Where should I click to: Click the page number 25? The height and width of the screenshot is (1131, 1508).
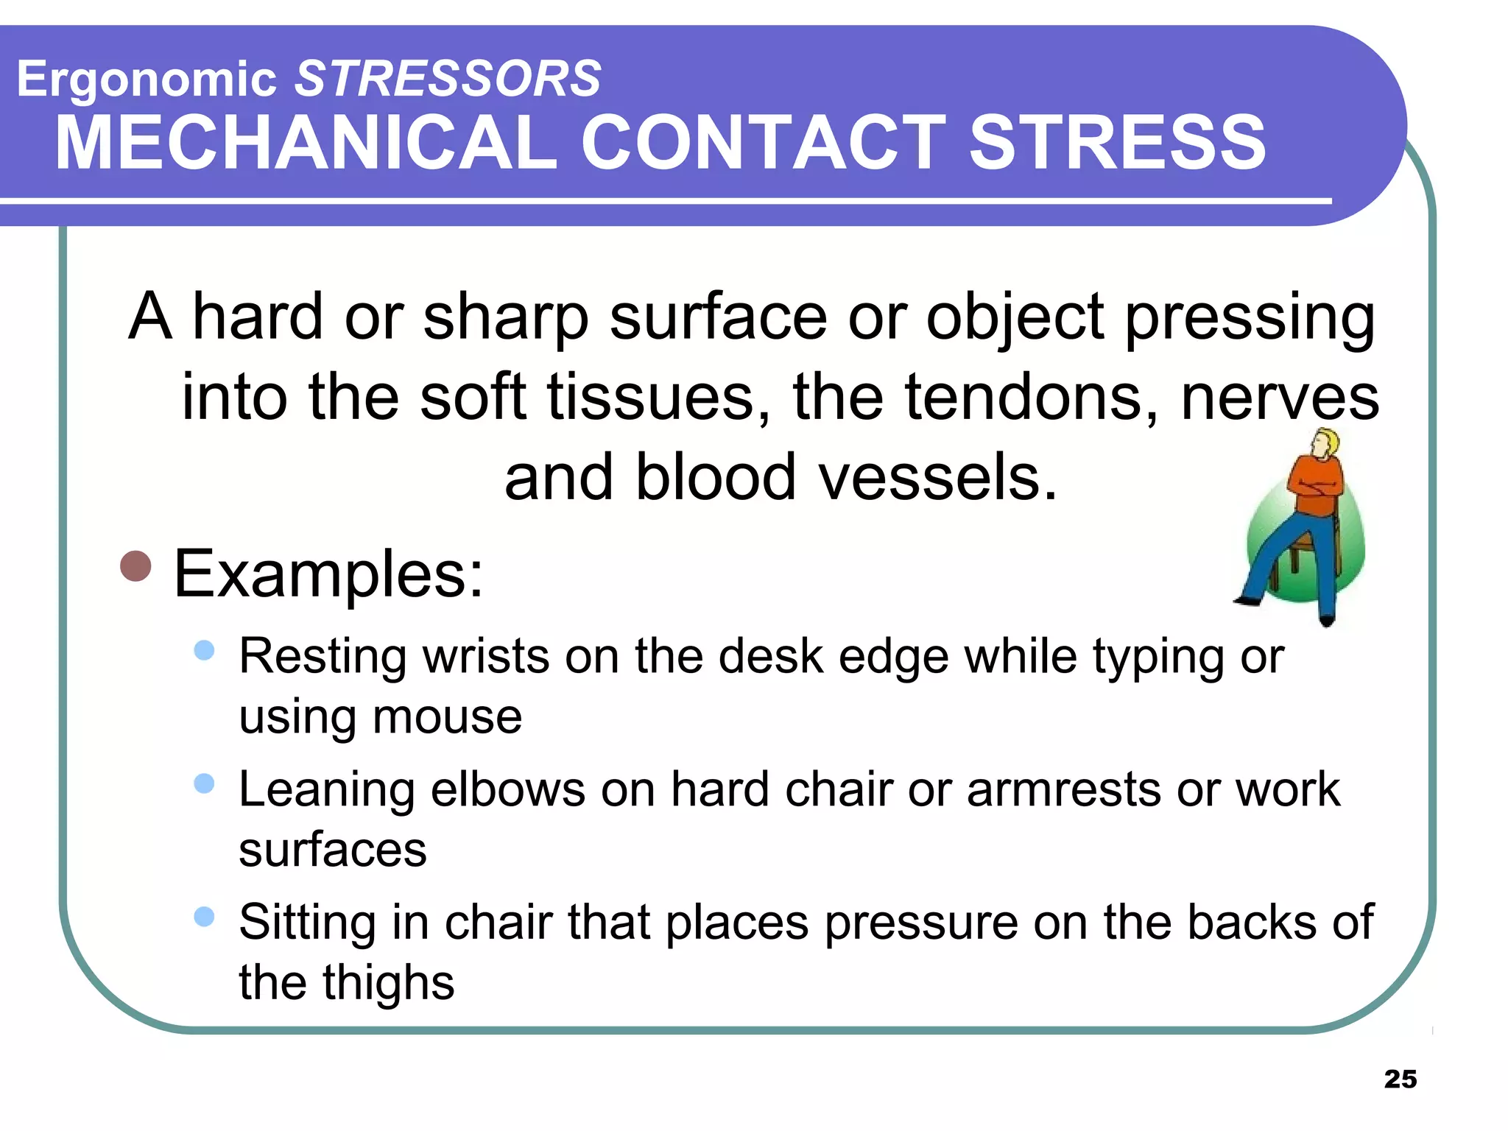click(1400, 1079)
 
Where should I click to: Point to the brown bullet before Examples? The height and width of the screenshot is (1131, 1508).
click(135, 565)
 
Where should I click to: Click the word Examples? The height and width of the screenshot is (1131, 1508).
click(328, 574)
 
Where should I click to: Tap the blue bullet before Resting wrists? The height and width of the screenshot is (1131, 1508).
click(204, 649)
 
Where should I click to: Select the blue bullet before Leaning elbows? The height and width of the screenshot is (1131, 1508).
click(204, 783)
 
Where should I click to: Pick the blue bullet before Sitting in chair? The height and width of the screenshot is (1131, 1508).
click(204, 916)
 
